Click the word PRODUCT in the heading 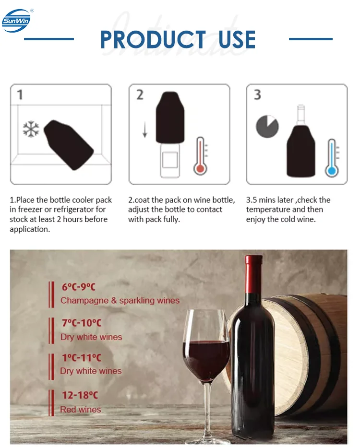coord(153,39)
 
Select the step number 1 coord(20,94)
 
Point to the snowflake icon coord(31,129)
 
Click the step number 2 coord(140,94)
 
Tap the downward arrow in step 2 coord(144,130)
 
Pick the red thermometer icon coord(201,156)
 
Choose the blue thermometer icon coord(331,158)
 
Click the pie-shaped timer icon coord(267,126)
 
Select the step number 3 coord(257,94)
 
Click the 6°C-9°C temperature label coord(78,287)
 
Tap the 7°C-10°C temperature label coord(81,323)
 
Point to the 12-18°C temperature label coord(79,396)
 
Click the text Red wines coord(81,410)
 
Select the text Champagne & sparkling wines coord(120,301)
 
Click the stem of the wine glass coord(207,408)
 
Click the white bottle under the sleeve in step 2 coord(170,161)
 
